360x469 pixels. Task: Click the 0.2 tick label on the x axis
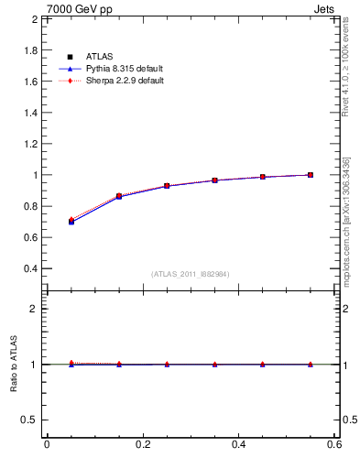[x=142, y=444]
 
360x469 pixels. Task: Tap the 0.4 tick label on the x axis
[x=238, y=444]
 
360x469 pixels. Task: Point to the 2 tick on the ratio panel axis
[x=35, y=309]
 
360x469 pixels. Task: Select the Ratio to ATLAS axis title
[x=14, y=365]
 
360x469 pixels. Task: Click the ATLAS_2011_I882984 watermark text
[x=190, y=274]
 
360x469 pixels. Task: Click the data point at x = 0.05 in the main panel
[x=71, y=222]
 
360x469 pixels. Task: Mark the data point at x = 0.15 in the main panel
[x=118, y=196]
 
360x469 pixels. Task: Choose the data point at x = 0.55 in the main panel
[x=311, y=175]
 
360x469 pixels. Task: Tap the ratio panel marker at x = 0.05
[x=71, y=364]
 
